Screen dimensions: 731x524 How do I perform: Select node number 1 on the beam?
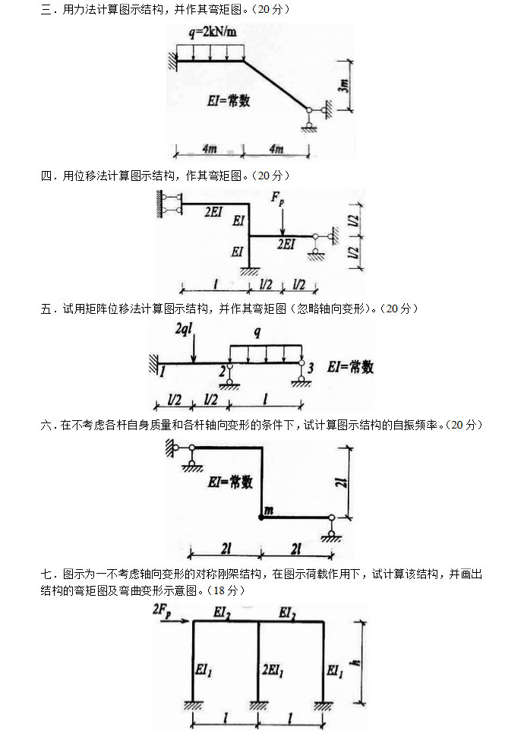pos(162,372)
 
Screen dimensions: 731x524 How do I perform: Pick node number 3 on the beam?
pos(310,369)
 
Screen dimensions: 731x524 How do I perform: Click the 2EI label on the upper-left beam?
pos(213,214)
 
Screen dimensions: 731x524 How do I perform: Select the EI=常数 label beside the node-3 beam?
pos(350,367)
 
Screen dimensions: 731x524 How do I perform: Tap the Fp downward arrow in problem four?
pos(282,220)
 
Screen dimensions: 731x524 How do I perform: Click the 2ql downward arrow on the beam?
pos(194,351)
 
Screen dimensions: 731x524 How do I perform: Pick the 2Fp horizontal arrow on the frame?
pos(182,622)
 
